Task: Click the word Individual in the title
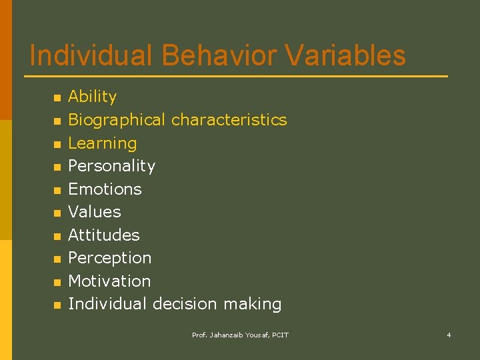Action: pos(91,56)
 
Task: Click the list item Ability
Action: pos(93,97)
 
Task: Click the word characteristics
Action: pos(229,120)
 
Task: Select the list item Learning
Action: pos(103,143)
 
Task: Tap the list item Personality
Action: pos(111,166)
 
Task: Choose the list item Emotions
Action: pos(105,189)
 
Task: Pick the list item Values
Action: pos(95,212)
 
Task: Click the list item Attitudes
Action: pos(104,235)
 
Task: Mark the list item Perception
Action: pos(110,258)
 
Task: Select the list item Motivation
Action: pos(109,281)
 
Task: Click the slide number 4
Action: pos(449,335)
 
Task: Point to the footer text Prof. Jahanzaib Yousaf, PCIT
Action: pos(240,335)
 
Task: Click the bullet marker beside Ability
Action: pos(57,98)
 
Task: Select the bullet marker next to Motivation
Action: pos(57,282)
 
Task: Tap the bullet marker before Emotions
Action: pos(57,190)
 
